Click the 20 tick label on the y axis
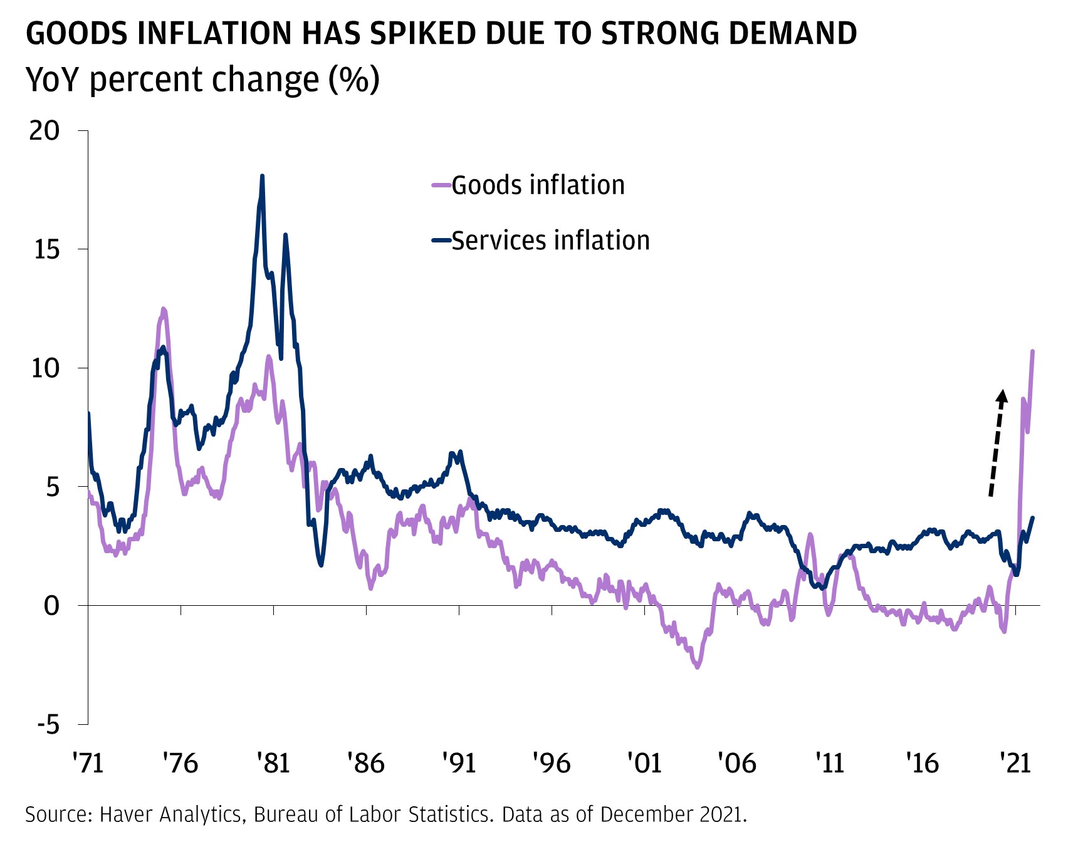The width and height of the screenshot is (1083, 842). (x=44, y=130)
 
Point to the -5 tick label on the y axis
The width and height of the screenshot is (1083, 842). (x=48, y=725)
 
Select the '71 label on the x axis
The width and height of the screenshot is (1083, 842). (x=87, y=763)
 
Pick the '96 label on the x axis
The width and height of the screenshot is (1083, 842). (x=551, y=763)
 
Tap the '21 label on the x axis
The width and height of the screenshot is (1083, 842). (x=1015, y=763)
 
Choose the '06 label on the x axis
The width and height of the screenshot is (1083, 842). (x=736, y=763)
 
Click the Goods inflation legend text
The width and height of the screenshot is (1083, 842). (x=538, y=185)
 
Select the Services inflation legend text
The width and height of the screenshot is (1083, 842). (x=550, y=241)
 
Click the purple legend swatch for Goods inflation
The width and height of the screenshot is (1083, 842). (x=441, y=185)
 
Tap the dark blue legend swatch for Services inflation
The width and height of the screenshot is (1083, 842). (x=441, y=241)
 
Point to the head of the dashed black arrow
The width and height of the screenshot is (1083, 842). (x=1002, y=395)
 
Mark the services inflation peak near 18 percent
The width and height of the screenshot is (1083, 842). (x=262, y=176)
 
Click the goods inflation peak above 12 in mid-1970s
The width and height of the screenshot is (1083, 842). (x=164, y=309)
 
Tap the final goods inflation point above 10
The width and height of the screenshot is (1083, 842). (x=1032, y=351)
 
